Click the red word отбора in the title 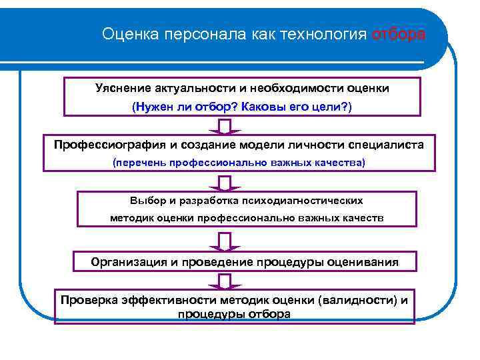coord(398,34)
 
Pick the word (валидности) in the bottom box coord(359,299)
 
